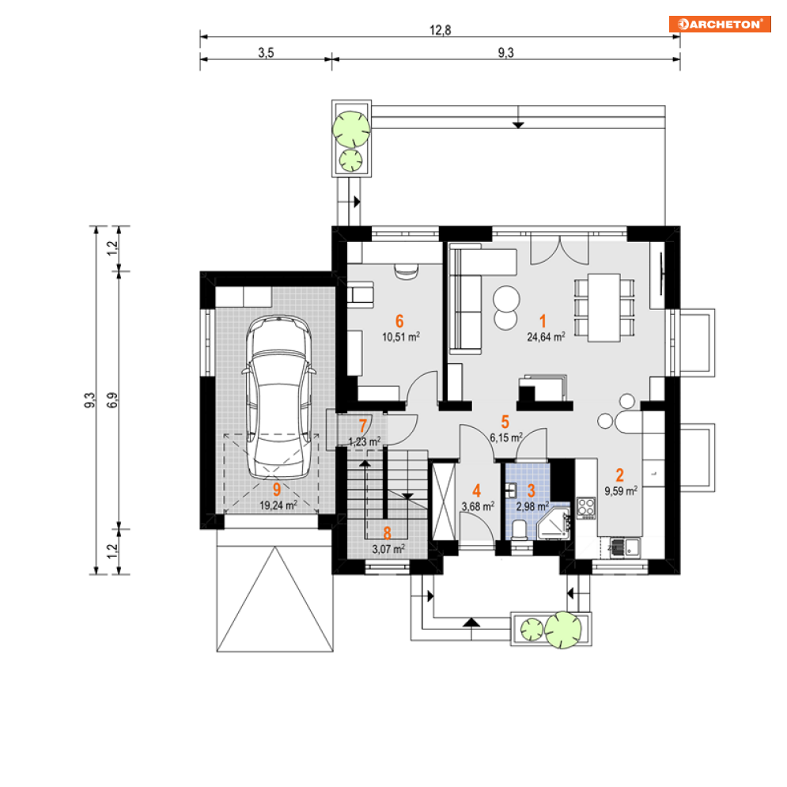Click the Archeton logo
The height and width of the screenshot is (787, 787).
coord(719,24)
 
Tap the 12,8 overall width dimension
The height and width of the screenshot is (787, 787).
coord(441,30)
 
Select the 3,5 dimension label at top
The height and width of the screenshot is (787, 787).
coord(266,53)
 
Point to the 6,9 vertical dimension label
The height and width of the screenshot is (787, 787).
coord(112,400)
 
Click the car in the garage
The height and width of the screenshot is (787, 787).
coord(278,396)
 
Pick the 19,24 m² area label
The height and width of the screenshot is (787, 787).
coord(278,505)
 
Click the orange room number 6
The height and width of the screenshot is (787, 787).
coord(399,320)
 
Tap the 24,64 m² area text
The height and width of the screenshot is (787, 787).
coord(546,337)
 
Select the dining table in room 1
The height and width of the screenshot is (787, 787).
coord(604,308)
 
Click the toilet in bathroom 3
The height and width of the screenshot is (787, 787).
coord(519,529)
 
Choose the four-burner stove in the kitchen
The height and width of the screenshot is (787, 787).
coord(586,508)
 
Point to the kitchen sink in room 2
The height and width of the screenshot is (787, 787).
coord(625,547)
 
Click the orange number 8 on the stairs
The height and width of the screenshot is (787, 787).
coord(387,533)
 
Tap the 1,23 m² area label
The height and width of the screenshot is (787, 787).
coord(365,441)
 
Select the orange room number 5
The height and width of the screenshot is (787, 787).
coord(505,422)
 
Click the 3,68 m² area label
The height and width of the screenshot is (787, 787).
coord(478,506)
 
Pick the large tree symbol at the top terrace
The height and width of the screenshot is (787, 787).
coord(351,130)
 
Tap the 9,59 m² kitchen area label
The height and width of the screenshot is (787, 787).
coord(621,491)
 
